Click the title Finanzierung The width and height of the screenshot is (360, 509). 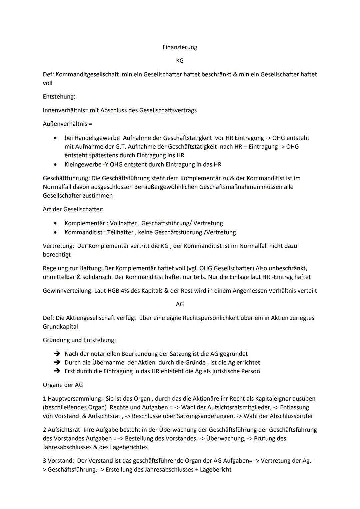[180, 47]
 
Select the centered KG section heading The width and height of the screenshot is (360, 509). [180, 61]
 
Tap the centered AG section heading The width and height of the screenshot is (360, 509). [180, 304]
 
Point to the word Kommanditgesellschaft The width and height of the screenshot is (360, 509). [87, 74]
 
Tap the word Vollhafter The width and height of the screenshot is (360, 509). [123, 223]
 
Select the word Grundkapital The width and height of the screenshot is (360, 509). [60, 327]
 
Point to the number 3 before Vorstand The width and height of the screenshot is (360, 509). [44, 461]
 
